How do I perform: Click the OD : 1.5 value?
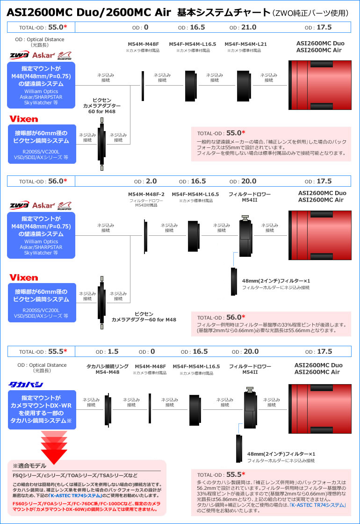[107, 351]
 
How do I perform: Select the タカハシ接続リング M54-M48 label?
[107, 369]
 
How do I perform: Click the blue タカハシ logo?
[26, 385]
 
